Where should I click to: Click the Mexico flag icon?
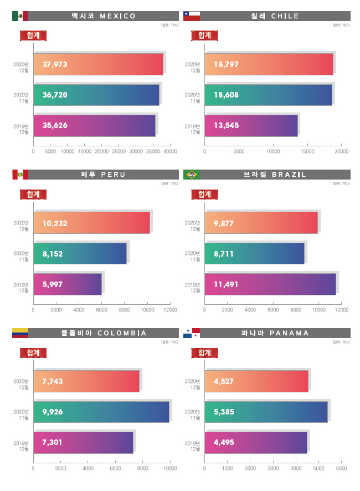[20, 16]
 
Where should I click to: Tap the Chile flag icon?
[192, 16]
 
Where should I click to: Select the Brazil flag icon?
[192, 175]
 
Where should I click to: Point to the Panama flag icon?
[192, 333]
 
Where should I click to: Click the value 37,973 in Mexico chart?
[55, 64]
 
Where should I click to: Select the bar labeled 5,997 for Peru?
[68, 284]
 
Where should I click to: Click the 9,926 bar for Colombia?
[102, 411]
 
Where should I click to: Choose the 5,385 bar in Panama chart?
[266, 411]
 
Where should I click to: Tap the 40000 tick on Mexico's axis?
[170, 151]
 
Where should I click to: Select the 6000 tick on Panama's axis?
[341, 468]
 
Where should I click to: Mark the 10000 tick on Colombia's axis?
[170, 468]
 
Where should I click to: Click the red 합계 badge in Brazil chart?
[204, 194]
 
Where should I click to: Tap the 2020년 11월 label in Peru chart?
[21, 255]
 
